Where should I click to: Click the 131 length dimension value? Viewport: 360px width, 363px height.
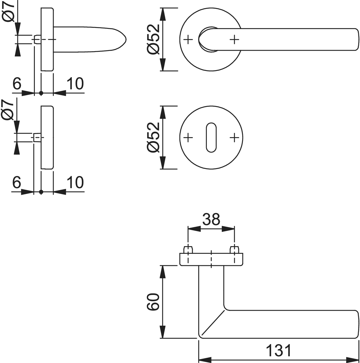tap(278, 350)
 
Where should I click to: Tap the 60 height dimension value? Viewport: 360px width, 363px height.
tap(153, 304)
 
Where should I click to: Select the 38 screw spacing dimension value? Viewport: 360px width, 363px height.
tap(211, 219)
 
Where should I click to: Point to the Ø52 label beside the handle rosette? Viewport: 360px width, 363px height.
tap(153, 39)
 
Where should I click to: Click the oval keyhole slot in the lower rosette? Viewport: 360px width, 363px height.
tap(211, 137)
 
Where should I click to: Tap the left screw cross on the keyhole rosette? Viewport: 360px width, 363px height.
tap(188, 138)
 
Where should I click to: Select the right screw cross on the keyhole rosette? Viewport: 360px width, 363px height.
tap(234, 138)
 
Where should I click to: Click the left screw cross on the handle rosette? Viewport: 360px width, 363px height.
tap(188, 40)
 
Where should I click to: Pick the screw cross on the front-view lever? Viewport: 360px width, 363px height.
tap(234, 40)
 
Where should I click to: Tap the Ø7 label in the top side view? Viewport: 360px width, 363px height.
tap(8, 12)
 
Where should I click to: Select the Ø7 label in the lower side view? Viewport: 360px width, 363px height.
tap(8, 110)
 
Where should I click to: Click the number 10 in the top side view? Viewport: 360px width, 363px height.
tap(75, 84)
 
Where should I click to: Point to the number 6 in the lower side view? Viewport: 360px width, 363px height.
tap(17, 182)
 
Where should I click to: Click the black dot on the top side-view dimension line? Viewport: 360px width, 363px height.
tap(41, 93)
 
